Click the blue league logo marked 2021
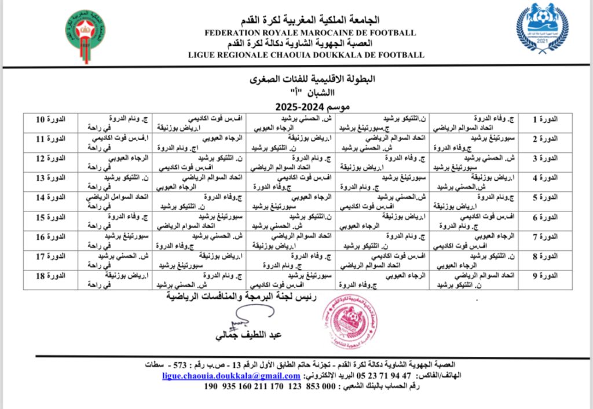pyautogui.click(x=542, y=27)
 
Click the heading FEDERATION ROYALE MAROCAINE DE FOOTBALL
pyautogui.click(x=310, y=33)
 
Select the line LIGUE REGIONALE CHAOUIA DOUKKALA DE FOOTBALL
pyautogui.click(x=306, y=55)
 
